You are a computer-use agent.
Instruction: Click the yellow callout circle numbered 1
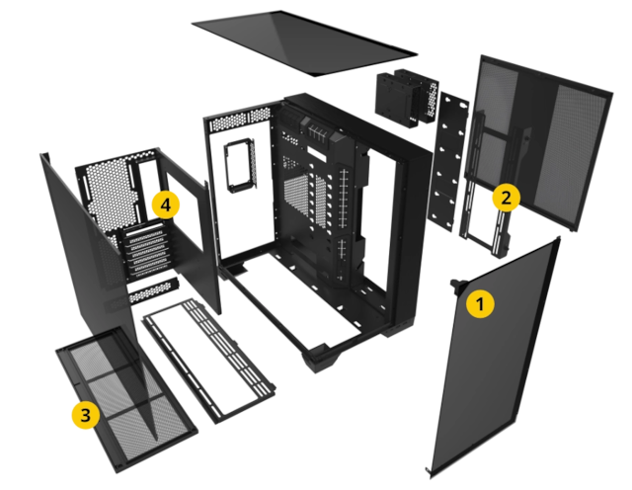pyautogui.click(x=480, y=303)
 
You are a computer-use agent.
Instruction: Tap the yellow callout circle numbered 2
pyautogui.click(x=506, y=198)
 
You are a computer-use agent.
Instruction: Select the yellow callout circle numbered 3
pyautogui.click(x=86, y=414)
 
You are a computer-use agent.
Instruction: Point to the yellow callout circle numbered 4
pyautogui.click(x=165, y=204)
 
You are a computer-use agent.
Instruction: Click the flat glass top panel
pyautogui.click(x=305, y=42)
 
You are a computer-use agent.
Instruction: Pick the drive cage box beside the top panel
pyautogui.click(x=407, y=98)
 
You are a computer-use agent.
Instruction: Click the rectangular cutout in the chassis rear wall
pyautogui.click(x=241, y=165)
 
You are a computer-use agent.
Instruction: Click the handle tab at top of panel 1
pyautogui.click(x=458, y=285)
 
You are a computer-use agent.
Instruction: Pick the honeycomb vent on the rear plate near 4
pyautogui.click(x=108, y=190)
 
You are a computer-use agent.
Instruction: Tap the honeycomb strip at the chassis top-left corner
pyautogui.click(x=240, y=119)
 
